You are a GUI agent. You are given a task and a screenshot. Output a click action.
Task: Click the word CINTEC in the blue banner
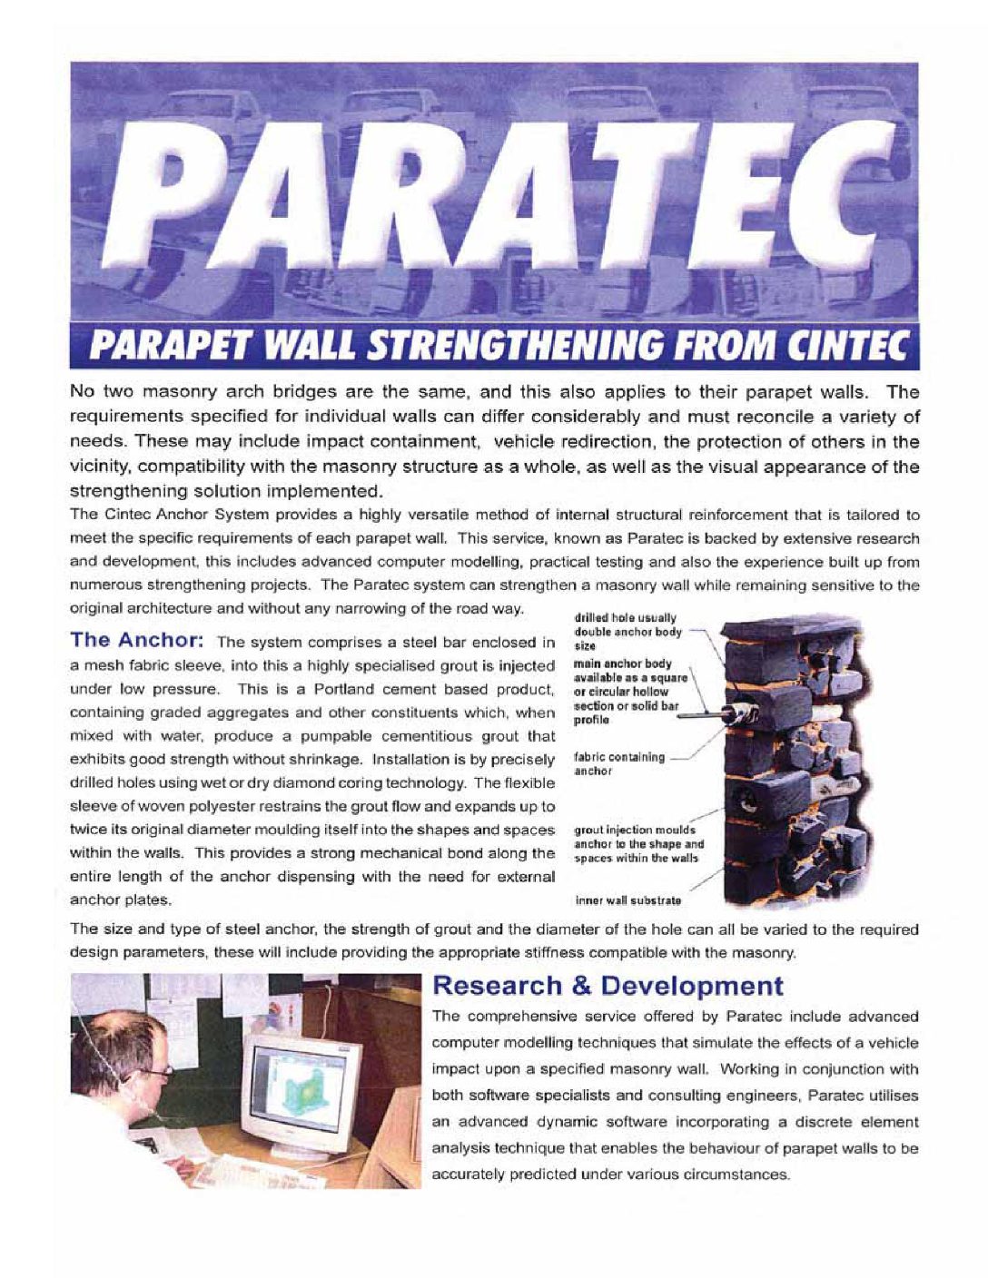[x=851, y=346]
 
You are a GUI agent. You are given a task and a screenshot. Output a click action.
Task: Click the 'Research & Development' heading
[x=608, y=985]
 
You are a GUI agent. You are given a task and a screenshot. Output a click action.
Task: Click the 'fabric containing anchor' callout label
[x=618, y=763]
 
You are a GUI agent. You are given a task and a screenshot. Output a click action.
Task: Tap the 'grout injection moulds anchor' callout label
[x=638, y=843]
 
